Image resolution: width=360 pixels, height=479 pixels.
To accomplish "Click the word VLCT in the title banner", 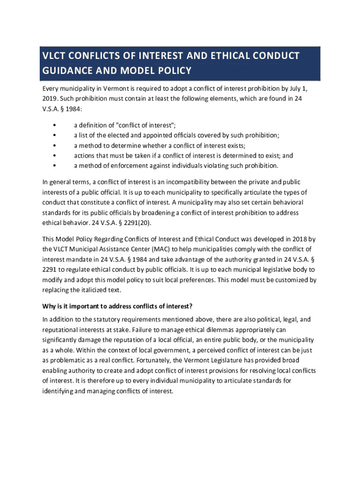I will pyautogui.click(x=54, y=56).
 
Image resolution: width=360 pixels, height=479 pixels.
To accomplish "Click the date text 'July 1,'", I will pyautogui.click(x=297, y=88).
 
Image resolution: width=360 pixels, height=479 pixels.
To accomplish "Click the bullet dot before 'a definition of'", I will pyautogui.click(x=55, y=125).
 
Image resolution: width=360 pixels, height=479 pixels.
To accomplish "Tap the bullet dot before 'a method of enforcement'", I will pyautogui.click(x=55, y=166).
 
